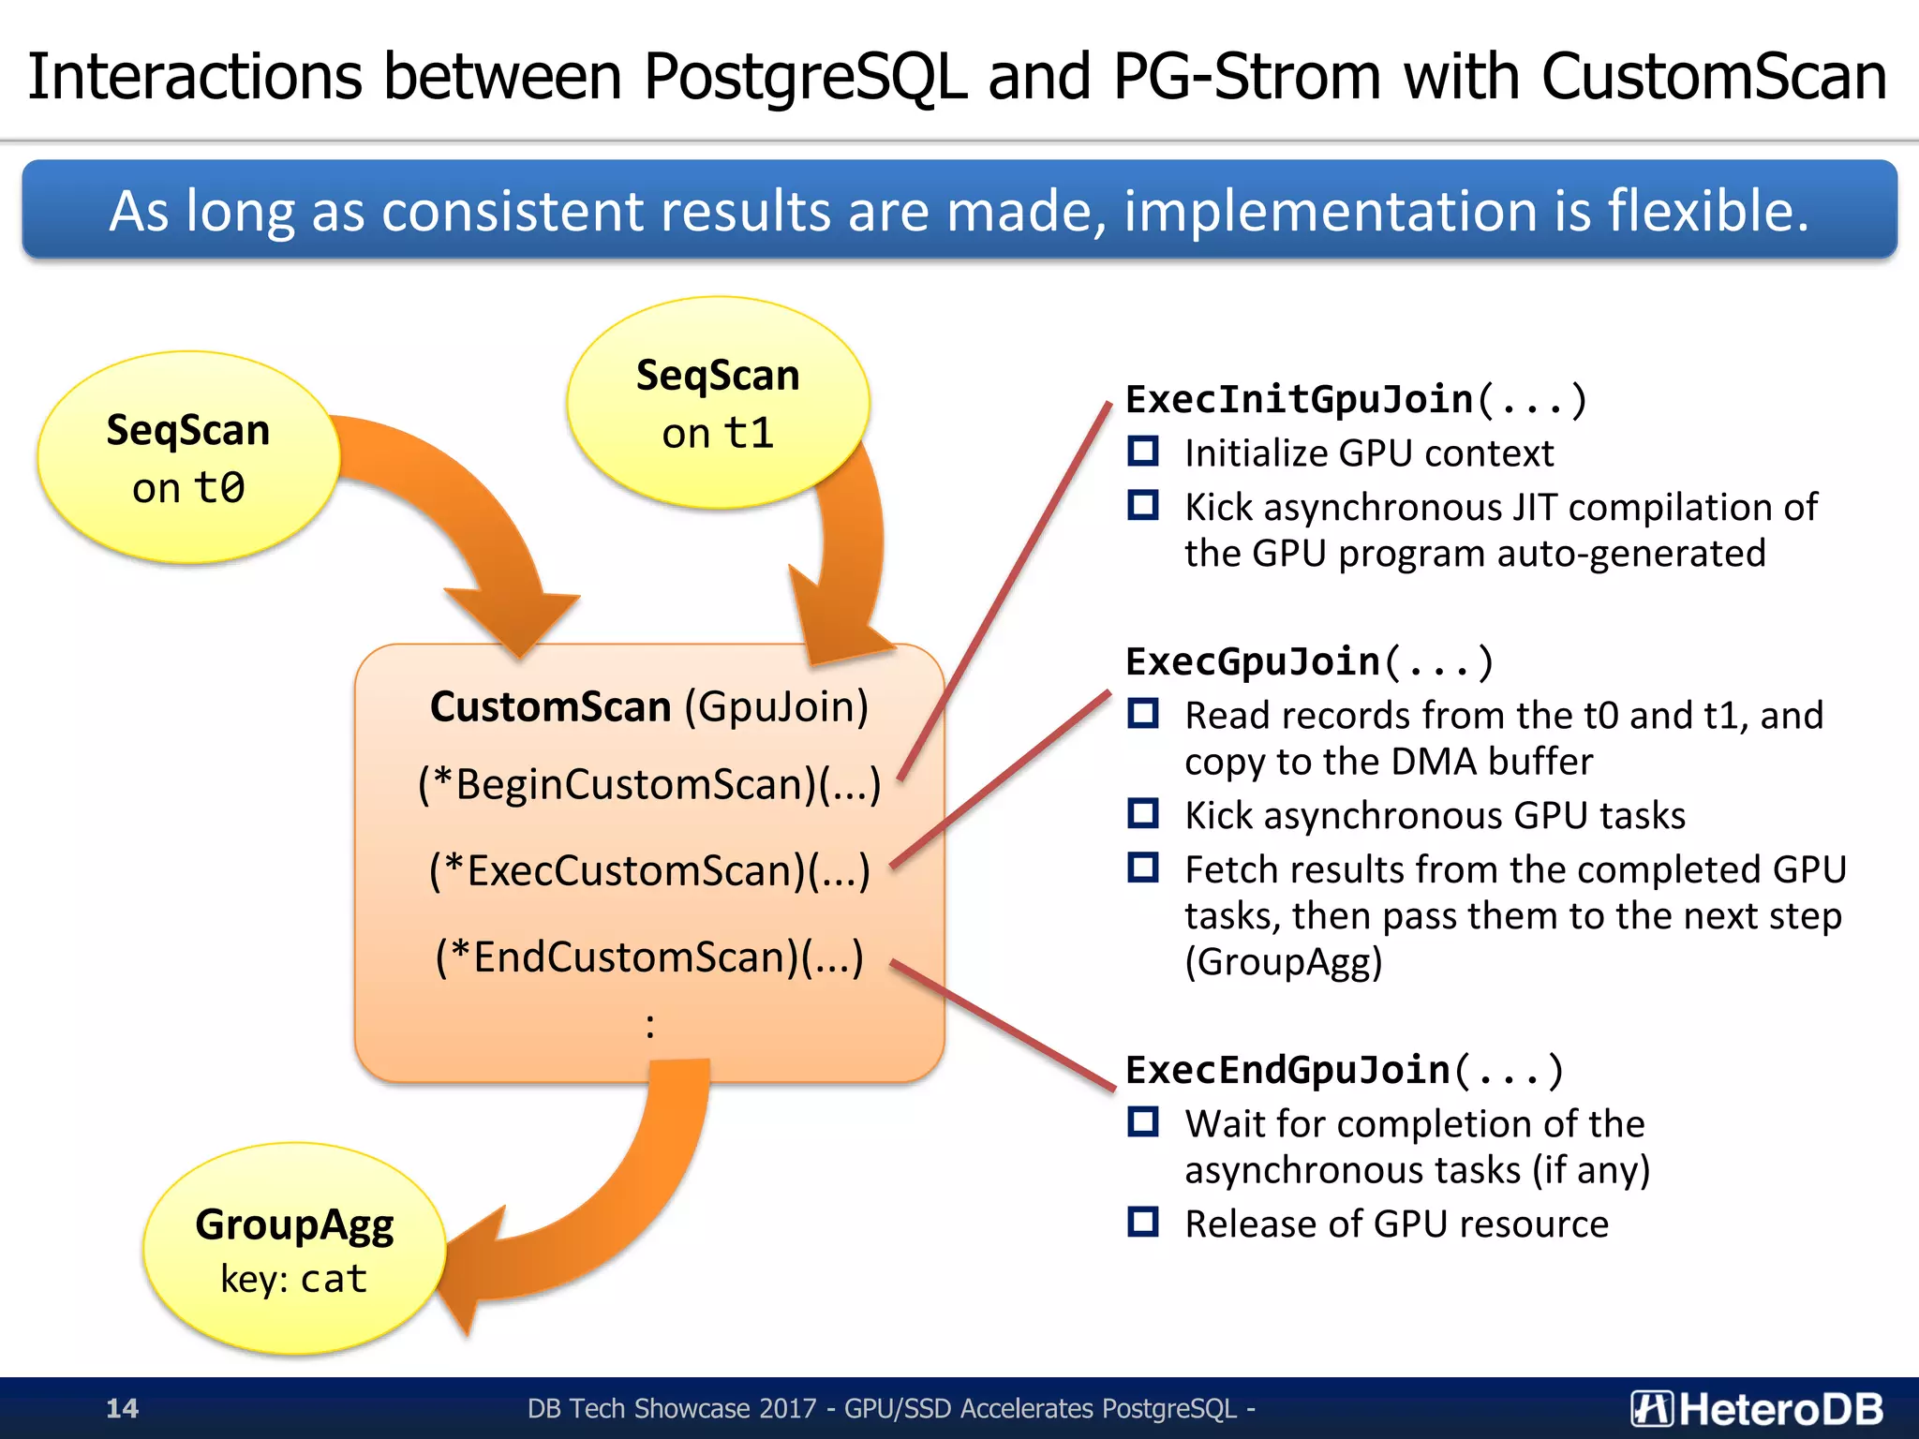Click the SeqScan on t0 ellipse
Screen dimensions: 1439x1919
point(187,457)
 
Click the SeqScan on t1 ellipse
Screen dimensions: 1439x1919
point(718,403)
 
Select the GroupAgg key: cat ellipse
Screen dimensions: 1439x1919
point(293,1249)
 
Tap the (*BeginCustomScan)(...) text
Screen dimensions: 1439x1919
point(649,784)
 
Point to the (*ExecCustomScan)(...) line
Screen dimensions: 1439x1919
point(649,870)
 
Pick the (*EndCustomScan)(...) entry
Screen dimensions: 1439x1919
point(649,957)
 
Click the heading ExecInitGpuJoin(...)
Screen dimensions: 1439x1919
point(1355,400)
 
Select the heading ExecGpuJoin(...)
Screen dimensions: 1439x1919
point(1309,661)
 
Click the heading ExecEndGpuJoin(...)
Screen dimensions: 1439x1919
point(1344,1070)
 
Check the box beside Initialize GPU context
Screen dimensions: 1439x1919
point(1143,452)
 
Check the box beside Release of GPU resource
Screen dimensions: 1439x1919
point(1143,1222)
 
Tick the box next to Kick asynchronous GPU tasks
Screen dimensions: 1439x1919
point(1143,813)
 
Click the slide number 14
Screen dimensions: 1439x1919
point(122,1408)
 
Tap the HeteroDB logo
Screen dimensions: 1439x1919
point(1756,1408)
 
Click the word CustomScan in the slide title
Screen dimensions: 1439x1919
point(1714,77)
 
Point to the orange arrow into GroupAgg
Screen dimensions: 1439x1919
point(600,1209)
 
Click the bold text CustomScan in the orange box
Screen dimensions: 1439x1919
point(550,706)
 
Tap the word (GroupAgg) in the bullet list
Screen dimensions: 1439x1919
point(1283,962)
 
